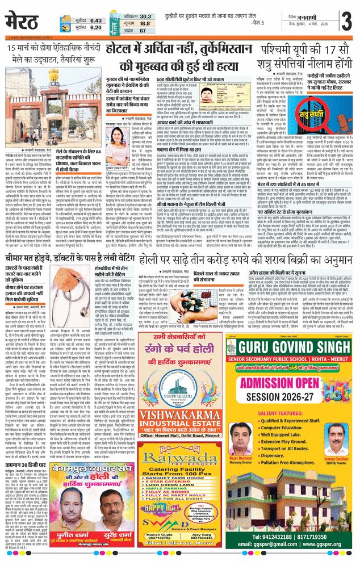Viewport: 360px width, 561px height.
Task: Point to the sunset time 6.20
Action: (x=95, y=27)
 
